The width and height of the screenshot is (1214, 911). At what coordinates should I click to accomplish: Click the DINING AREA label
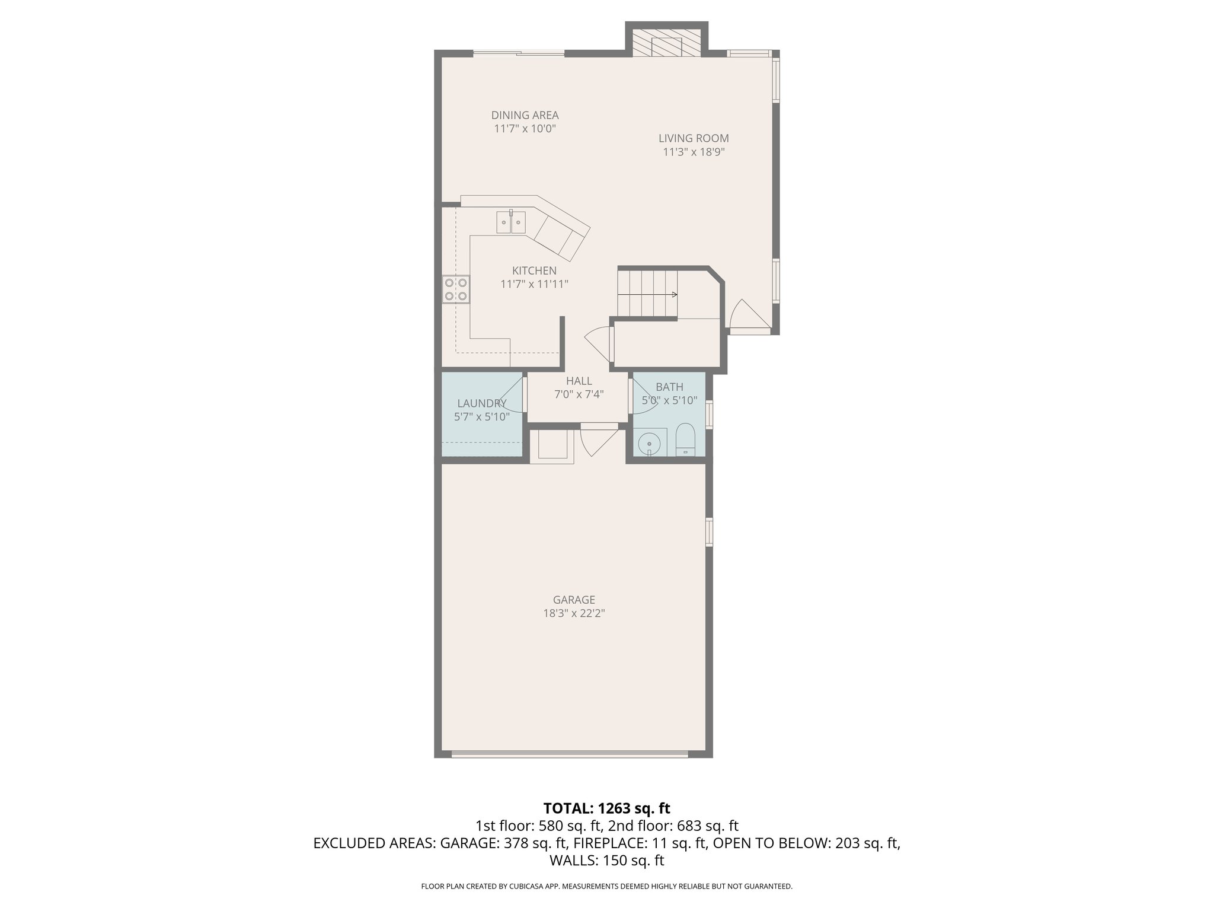[x=525, y=115]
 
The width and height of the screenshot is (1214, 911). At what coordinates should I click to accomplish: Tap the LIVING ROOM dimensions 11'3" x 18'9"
[x=694, y=152]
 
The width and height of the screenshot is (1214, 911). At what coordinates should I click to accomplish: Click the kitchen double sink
[x=511, y=222]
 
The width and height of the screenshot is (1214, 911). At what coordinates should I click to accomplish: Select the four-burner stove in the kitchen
[x=456, y=289]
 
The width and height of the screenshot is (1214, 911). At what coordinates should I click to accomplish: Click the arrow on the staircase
[x=673, y=294]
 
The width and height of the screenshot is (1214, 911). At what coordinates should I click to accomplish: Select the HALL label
[x=579, y=381]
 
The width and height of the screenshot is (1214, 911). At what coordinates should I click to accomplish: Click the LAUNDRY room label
[x=481, y=403]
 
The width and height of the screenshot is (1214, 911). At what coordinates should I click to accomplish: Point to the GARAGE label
[x=574, y=600]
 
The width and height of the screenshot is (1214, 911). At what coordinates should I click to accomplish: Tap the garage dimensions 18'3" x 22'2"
[x=574, y=613]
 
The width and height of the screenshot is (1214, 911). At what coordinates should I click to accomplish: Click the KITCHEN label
[x=534, y=270]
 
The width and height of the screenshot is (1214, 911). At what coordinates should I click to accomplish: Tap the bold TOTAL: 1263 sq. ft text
[x=606, y=808]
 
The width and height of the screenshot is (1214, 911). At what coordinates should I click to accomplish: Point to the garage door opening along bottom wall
[x=569, y=754]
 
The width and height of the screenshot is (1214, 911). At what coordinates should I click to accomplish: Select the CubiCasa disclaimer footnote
[x=606, y=886]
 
